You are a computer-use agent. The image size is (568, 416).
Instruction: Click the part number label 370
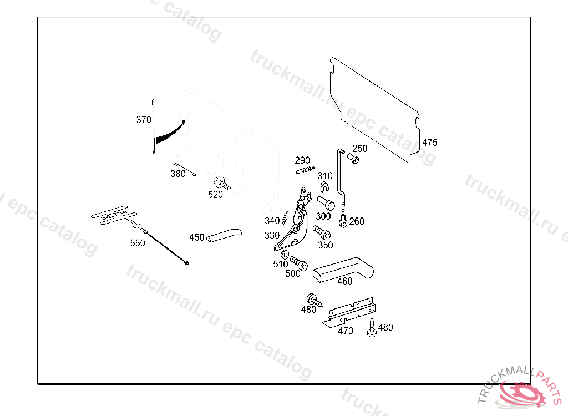click(x=144, y=119)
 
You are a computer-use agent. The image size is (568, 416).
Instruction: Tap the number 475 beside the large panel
click(x=429, y=143)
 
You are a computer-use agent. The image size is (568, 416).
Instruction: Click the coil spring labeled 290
click(x=305, y=169)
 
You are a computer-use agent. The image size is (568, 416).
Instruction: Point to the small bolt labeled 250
click(x=354, y=159)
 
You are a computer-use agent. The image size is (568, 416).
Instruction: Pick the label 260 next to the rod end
click(x=357, y=221)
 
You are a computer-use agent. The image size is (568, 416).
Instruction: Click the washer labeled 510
click(x=285, y=255)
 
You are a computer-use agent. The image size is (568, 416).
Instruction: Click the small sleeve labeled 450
click(x=224, y=235)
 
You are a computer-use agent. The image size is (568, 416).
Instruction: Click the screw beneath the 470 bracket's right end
click(x=371, y=328)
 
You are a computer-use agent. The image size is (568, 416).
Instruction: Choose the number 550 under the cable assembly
click(x=138, y=243)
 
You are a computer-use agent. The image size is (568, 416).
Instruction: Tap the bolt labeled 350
click(x=321, y=232)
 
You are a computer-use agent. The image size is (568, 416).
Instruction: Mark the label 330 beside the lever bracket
click(x=272, y=235)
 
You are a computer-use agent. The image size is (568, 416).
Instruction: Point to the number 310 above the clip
click(x=325, y=176)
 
